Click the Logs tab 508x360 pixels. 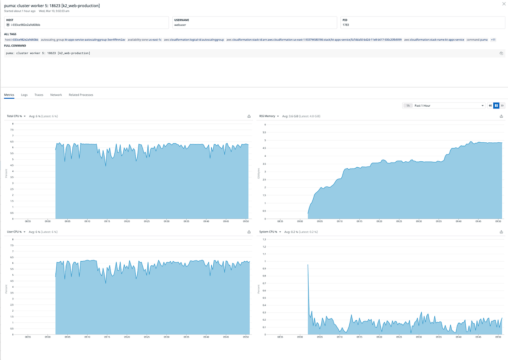24,95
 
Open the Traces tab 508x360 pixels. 39,95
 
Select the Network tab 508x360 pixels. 56,95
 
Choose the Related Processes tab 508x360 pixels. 81,95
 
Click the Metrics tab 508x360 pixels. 9,95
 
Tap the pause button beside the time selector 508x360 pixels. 496,105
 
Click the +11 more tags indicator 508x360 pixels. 493,39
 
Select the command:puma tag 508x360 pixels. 477,39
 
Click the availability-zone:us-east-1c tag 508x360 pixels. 144,39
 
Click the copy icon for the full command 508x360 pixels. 501,53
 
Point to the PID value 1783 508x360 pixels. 346,25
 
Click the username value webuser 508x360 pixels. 180,25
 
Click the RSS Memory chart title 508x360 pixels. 267,116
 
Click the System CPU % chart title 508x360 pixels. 268,232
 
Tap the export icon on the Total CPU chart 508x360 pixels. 249,116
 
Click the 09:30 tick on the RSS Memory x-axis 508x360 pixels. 419,221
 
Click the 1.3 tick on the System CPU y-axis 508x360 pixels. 264,239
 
